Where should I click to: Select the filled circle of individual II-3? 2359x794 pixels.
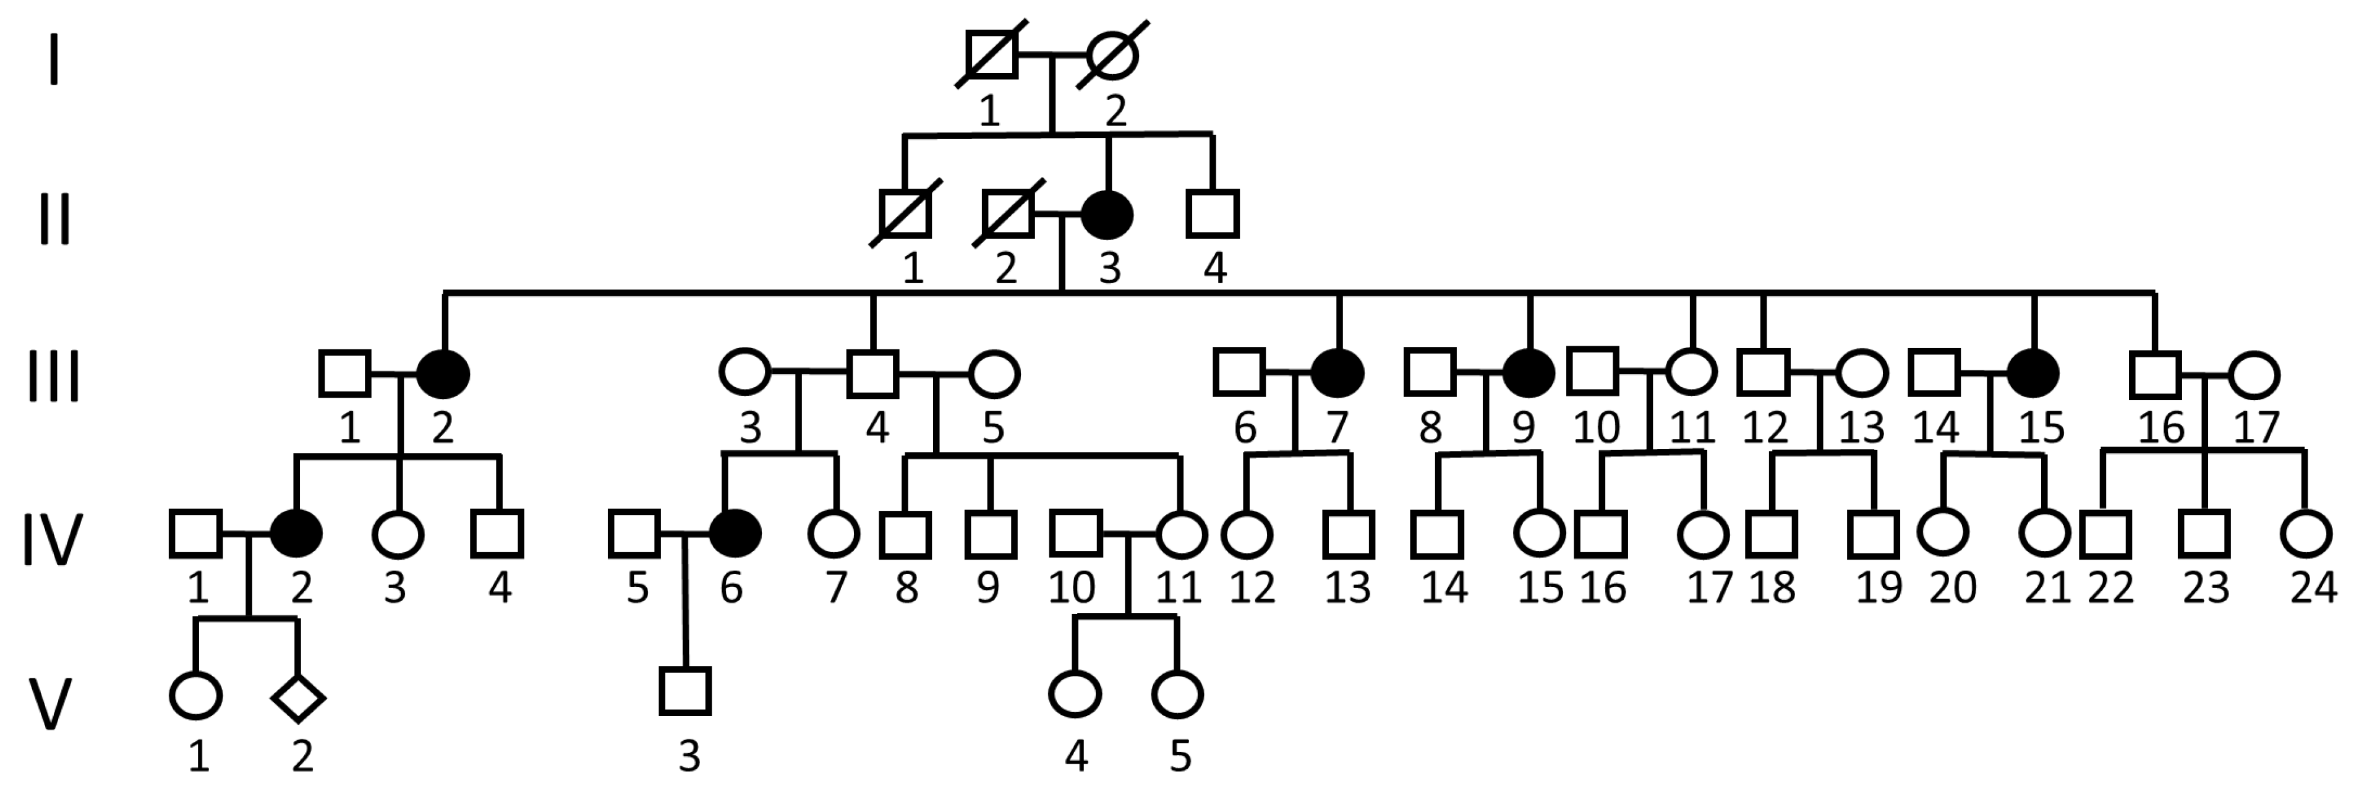[x=1107, y=215]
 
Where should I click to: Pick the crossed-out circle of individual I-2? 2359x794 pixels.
[x=1112, y=55]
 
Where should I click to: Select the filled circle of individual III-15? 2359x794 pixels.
[x=2033, y=374]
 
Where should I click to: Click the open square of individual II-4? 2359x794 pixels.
[x=1213, y=215]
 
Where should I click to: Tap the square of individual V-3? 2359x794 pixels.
[x=685, y=691]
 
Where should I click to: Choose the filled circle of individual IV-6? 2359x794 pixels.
[x=735, y=533]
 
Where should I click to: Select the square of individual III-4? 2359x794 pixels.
[x=872, y=374]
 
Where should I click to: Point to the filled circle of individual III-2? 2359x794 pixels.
[x=443, y=374]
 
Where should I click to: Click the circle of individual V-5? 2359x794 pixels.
[x=1177, y=694]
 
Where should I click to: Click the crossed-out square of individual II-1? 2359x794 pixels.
[x=904, y=215]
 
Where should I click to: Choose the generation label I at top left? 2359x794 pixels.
[x=54, y=61]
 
